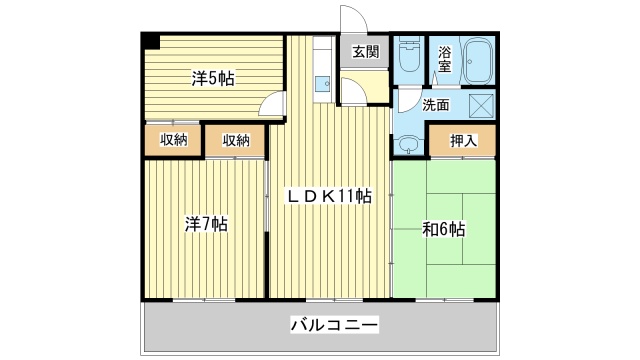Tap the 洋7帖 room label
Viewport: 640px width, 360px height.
[205, 224]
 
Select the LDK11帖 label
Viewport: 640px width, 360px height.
[330, 196]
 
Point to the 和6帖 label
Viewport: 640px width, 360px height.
[443, 229]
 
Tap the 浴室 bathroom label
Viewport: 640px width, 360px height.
[444, 59]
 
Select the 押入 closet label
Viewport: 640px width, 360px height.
[462, 140]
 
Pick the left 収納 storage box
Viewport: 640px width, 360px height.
[173, 140]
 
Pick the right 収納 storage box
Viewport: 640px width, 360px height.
[236, 140]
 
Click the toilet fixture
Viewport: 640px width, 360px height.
[408, 58]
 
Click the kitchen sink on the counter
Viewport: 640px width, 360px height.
[323, 86]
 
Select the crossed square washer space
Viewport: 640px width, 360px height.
[481, 104]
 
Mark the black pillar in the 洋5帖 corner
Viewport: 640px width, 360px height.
[149, 41]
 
